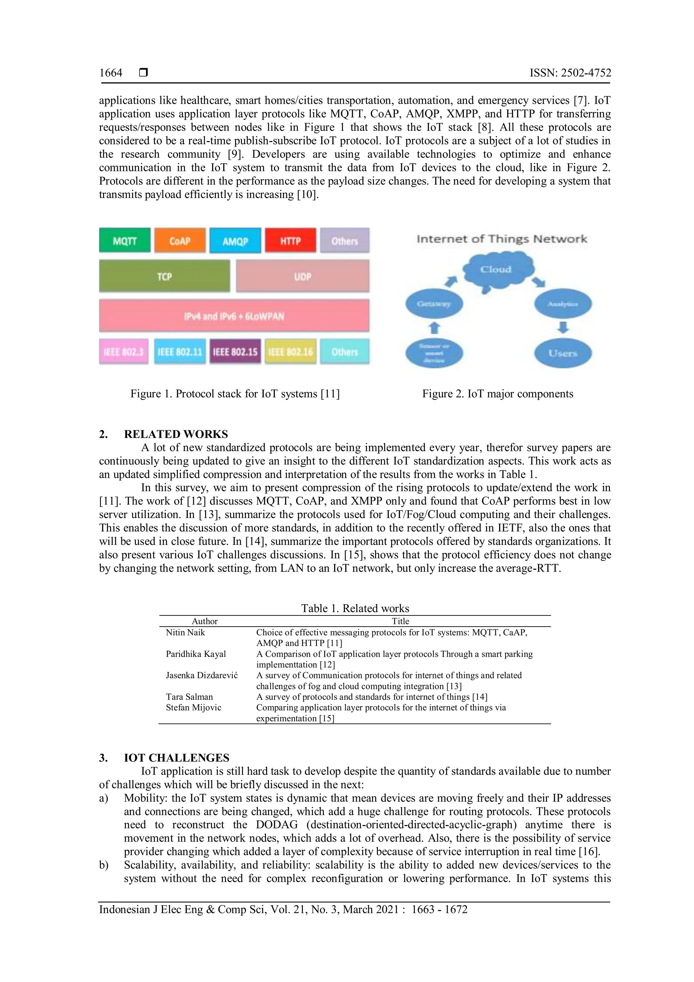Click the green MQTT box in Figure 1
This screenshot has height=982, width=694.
125,240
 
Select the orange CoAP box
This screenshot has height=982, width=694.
180,240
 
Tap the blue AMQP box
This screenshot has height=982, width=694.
235,240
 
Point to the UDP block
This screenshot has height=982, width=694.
303,276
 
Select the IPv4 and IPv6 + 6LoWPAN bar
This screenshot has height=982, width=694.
234,316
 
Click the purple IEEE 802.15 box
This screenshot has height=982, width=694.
235,352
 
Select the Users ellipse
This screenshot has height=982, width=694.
563,353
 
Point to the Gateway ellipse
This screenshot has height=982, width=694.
434,304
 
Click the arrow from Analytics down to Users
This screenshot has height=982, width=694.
563,328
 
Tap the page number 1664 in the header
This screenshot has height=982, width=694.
111,73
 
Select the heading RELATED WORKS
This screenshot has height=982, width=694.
176,434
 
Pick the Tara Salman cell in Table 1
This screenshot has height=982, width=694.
189,697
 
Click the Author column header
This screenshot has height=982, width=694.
205,621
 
